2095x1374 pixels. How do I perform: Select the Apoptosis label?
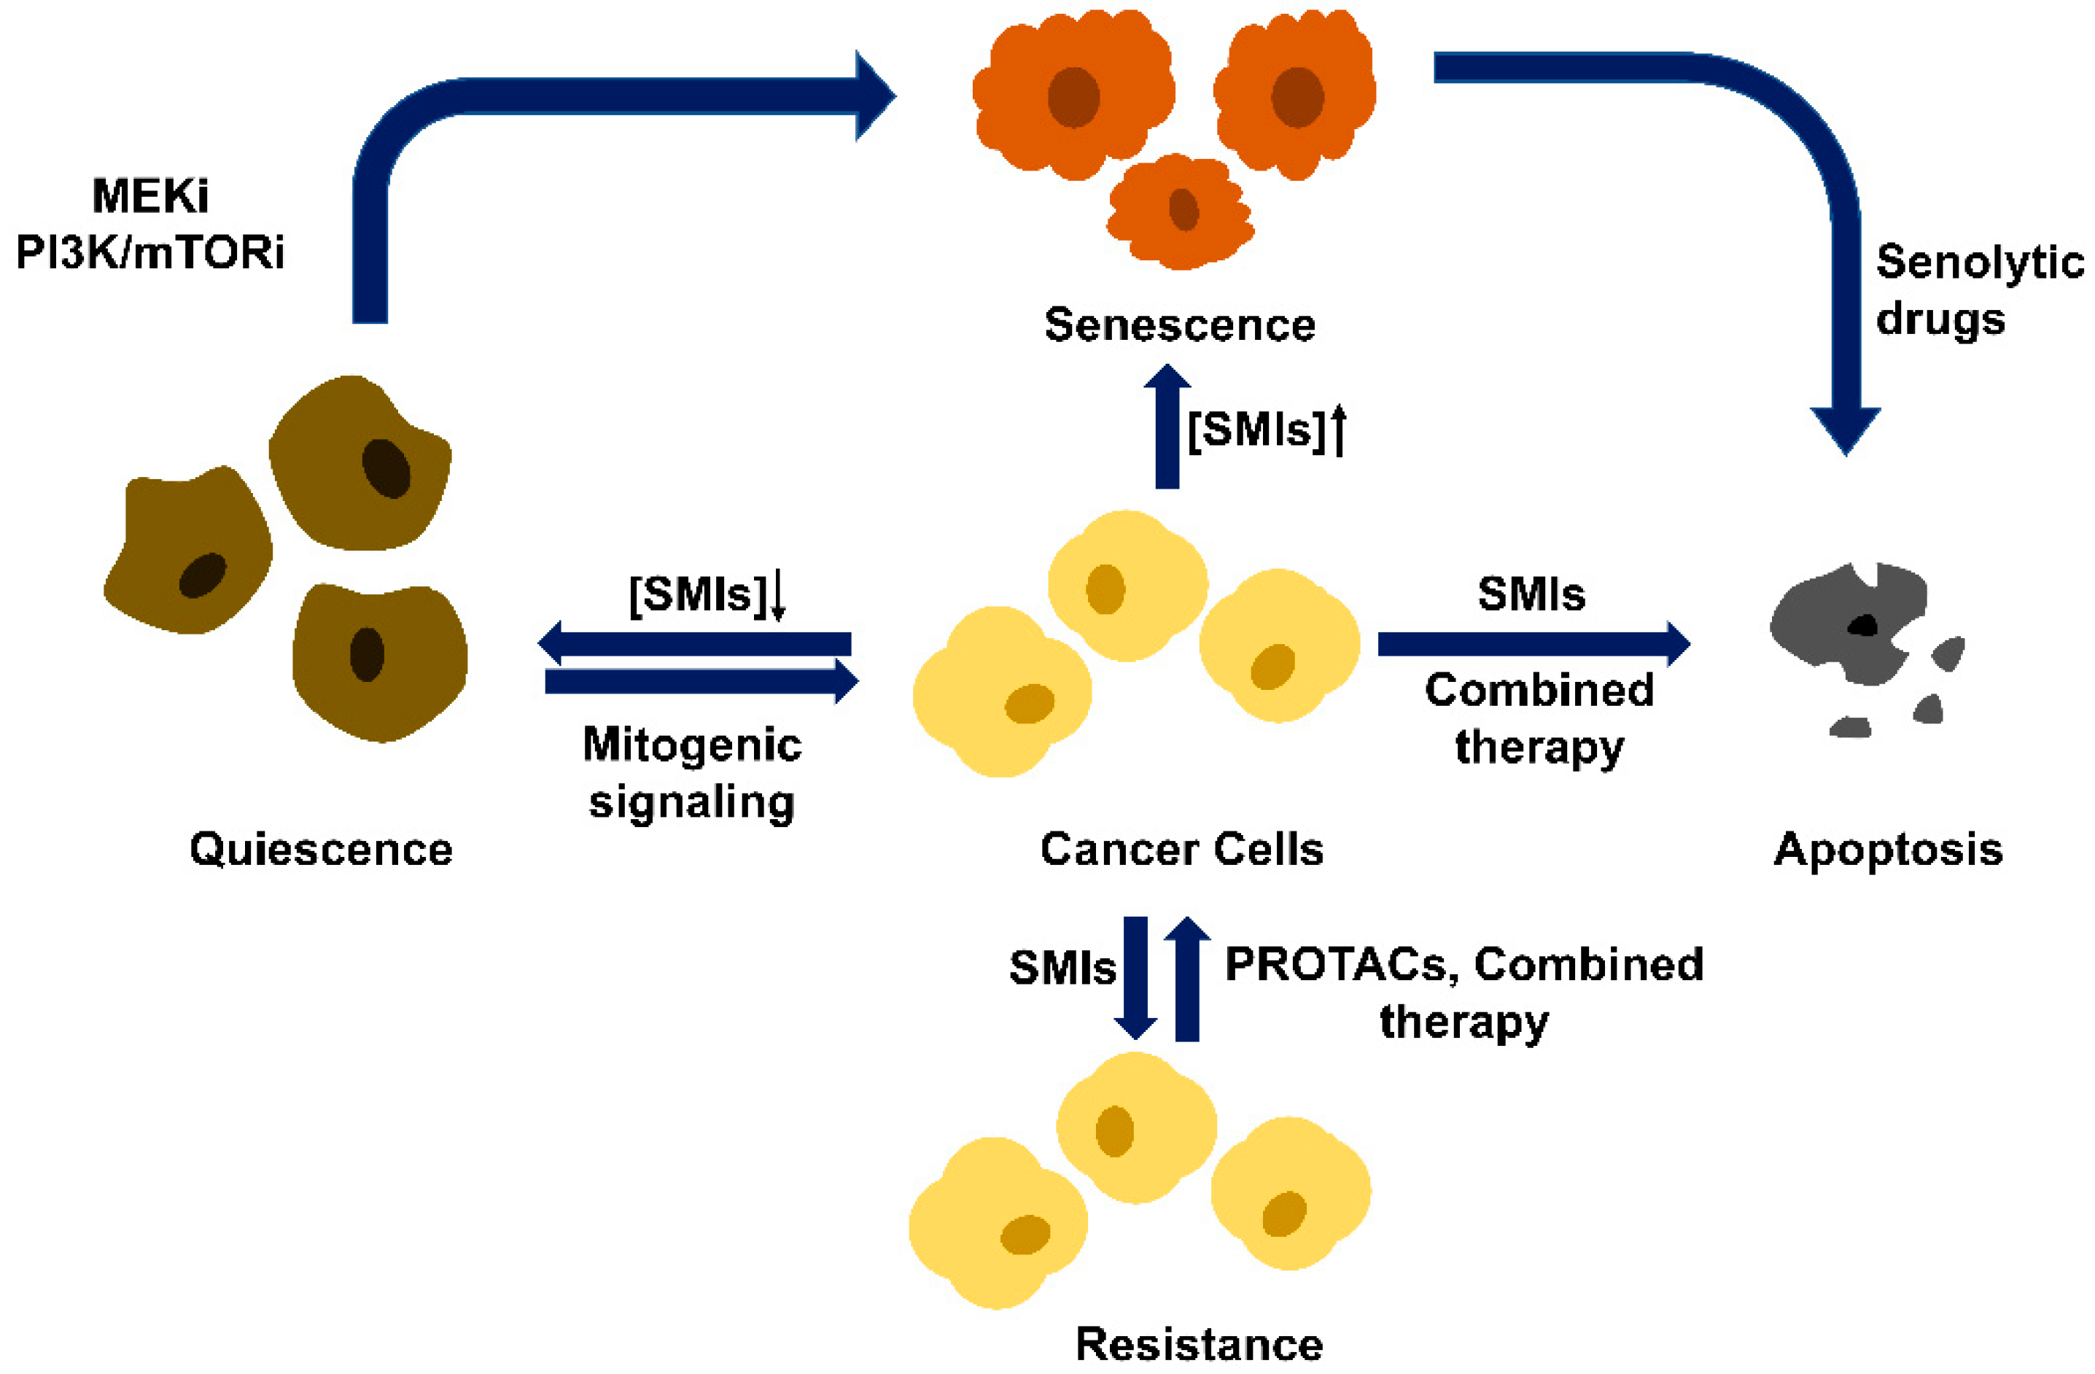tap(1888, 850)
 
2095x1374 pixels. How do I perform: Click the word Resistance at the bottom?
tap(1199, 1344)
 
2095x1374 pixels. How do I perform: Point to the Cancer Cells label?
tap(1181, 850)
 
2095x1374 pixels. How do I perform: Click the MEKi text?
tap(149, 195)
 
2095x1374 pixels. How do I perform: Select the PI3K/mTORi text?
tap(149, 252)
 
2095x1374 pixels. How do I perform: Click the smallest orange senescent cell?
tap(1181, 211)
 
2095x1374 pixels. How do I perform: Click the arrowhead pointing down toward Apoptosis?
tap(1845, 430)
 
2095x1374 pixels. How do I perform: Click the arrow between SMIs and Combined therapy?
tap(1531, 643)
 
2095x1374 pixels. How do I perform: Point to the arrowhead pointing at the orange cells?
tap(874, 95)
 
